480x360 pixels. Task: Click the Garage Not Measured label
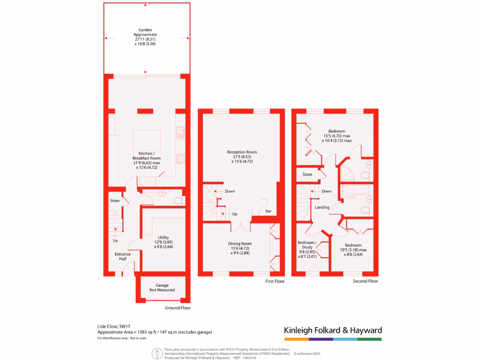click(x=162, y=287)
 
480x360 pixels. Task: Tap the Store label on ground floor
click(x=115, y=201)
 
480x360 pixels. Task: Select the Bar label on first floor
click(x=269, y=211)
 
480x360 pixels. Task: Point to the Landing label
click(x=322, y=207)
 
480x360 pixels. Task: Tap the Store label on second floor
click(x=307, y=174)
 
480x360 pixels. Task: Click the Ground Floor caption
click(x=178, y=308)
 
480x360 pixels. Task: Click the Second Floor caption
click(x=366, y=281)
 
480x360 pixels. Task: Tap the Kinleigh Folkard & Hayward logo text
click(x=333, y=330)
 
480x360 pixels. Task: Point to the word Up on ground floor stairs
click(x=115, y=240)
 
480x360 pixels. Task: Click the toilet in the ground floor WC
click(x=177, y=201)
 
